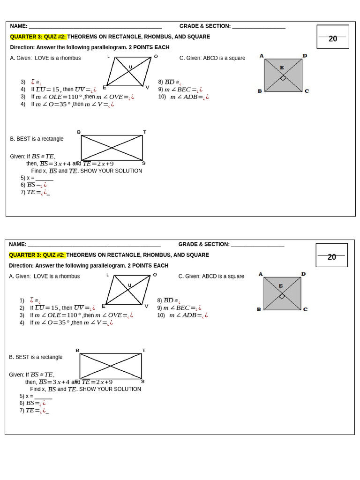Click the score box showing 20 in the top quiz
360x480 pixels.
[x=333, y=37]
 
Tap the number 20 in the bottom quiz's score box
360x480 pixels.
[x=332, y=257]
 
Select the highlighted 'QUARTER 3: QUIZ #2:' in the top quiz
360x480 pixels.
[x=38, y=37]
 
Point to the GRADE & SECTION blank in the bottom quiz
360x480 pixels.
[x=257, y=245]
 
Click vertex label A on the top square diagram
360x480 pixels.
[x=262, y=56]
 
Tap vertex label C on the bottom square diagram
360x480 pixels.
[x=305, y=309]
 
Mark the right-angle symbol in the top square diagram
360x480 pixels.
[x=283, y=78]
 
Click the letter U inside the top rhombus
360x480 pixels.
[x=130, y=67]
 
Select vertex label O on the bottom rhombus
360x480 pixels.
[x=155, y=275]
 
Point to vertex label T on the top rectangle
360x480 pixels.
[x=145, y=132]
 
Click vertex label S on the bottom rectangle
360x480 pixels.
[x=142, y=381]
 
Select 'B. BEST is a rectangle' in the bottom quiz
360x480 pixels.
[x=36, y=357]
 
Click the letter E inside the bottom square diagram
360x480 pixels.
[x=281, y=286]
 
